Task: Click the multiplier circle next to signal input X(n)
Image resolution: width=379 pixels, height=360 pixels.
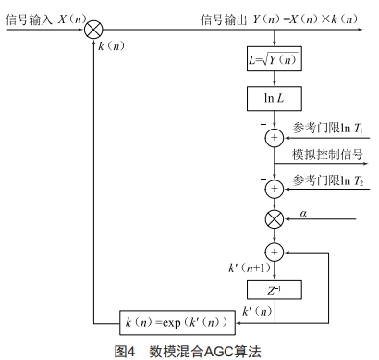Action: coord(93,31)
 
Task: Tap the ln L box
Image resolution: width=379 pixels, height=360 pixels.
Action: coord(274,97)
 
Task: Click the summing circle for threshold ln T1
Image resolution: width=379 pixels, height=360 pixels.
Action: coord(274,139)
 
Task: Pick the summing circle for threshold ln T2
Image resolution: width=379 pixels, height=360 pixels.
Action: coord(274,189)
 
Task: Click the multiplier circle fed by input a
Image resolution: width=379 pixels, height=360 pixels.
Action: coord(274,219)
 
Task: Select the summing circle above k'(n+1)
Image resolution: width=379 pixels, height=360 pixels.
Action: coord(274,252)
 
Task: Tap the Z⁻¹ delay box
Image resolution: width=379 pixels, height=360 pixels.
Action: coord(274,290)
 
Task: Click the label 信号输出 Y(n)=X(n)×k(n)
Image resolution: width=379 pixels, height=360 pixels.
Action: coord(277,18)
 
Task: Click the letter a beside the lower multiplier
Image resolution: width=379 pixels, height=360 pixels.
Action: coord(302,213)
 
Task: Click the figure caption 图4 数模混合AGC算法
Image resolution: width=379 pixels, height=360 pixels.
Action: coord(188,351)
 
